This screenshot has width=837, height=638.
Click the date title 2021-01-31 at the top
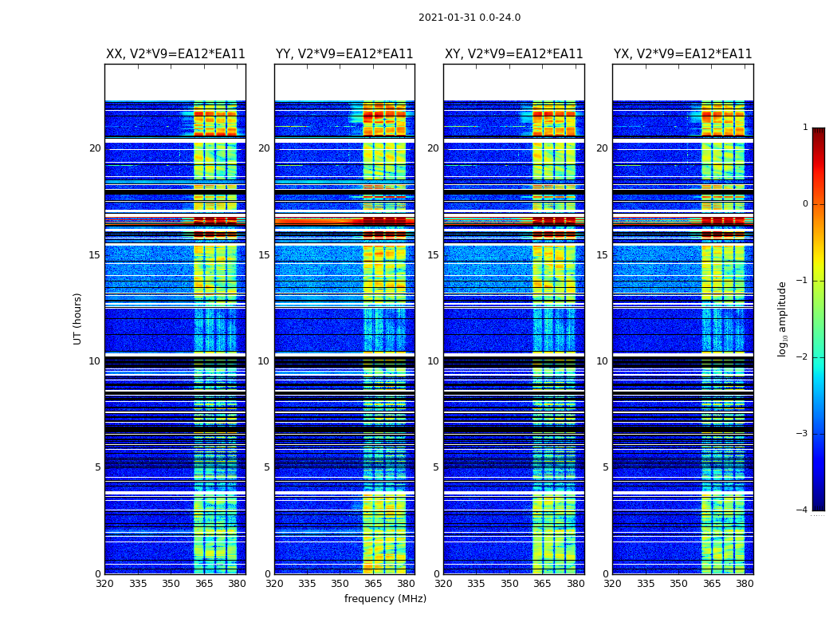tap(470, 18)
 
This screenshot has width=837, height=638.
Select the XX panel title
tap(175, 54)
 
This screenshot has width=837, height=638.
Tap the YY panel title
tap(344, 54)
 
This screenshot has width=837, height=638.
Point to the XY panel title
tap(514, 54)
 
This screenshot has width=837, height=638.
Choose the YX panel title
tap(683, 54)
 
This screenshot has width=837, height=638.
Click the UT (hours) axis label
tap(78, 318)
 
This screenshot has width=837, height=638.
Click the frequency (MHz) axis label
tap(385, 599)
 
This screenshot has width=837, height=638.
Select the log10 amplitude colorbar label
tap(783, 318)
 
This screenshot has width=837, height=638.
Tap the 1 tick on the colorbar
tap(804, 128)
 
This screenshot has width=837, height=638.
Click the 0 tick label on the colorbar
tap(804, 204)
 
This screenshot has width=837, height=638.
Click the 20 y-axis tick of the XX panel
tap(95, 148)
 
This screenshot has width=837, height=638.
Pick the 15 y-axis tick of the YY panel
tap(264, 255)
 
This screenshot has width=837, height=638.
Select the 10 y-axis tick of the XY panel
tap(433, 361)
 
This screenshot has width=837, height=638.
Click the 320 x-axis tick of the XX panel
tap(105, 584)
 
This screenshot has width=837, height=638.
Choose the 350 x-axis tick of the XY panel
tap(509, 584)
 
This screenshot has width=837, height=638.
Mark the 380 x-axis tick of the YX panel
tap(745, 584)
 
